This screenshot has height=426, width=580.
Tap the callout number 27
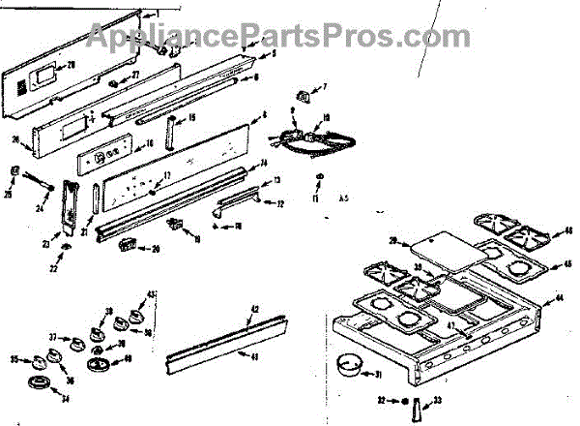pos(135,75)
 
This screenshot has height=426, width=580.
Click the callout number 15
pos(190,118)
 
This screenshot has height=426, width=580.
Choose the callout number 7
pos(324,87)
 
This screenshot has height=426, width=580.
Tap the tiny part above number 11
pos(318,177)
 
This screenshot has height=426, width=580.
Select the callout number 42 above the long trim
pos(255,310)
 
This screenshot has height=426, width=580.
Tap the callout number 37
pos(54,338)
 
